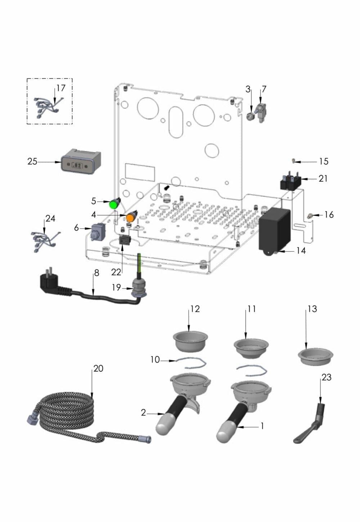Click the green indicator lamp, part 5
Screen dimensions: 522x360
114,204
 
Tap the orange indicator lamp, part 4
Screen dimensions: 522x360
131,217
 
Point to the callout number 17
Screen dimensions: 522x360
61,88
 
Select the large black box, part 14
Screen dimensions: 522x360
274,229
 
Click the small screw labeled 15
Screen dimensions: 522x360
294,160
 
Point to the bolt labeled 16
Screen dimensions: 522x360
309,216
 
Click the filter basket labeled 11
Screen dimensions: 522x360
251,348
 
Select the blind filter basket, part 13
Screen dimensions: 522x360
315,357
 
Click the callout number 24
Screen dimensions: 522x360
50,219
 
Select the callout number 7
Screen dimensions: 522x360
264,89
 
